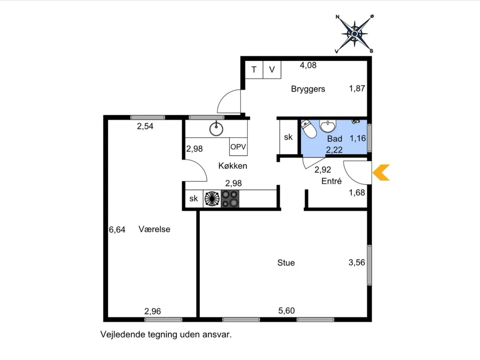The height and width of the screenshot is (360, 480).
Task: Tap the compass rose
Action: (x=354, y=34)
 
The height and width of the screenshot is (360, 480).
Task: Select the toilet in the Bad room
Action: (x=309, y=129)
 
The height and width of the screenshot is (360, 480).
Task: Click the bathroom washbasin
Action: (x=328, y=126)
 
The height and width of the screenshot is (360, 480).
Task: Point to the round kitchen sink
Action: (x=216, y=129)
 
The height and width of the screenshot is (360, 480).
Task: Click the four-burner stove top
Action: (x=230, y=199)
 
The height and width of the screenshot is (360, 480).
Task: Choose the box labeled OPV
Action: (x=238, y=147)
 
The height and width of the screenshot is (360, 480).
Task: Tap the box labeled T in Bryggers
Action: (x=254, y=70)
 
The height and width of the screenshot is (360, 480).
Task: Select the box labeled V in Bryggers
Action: (x=272, y=70)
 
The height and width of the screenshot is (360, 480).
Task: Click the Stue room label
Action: (x=286, y=262)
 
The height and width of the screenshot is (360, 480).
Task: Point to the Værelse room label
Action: (x=154, y=229)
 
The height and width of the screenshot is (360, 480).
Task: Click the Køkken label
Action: (x=232, y=166)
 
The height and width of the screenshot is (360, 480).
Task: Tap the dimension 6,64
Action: (x=117, y=230)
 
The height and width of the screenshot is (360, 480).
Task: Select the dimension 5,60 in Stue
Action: (x=286, y=310)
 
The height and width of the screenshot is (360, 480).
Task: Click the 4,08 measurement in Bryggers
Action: (x=308, y=65)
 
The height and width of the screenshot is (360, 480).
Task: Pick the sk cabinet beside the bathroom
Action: (x=288, y=137)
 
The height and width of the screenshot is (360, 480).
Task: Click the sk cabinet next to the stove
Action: (x=194, y=199)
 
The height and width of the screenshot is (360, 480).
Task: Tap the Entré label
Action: (x=331, y=181)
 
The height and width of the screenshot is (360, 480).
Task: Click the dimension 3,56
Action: (x=357, y=262)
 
